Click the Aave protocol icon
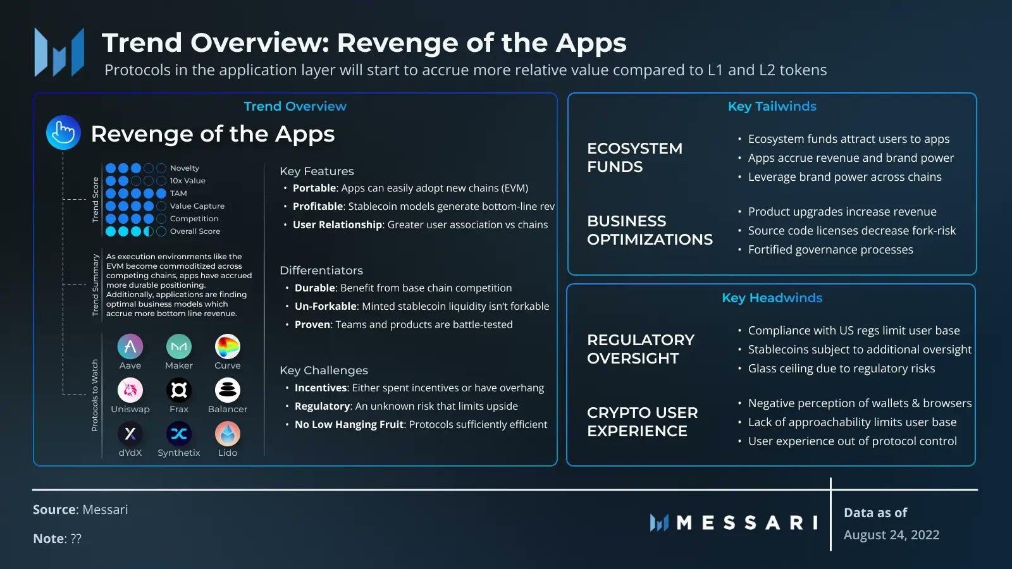pyautogui.click(x=130, y=346)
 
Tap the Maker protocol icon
pyautogui.click(x=179, y=346)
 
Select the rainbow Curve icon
pyautogui.click(x=227, y=346)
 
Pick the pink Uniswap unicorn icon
pyautogui.click(x=130, y=389)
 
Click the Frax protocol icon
pyautogui.click(x=179, y=389)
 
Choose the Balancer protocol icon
pyautogui.click(x=227, y=389)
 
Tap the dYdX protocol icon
pyautogui.click(x=130, y=434)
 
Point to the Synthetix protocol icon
pyautogui.click(x=179, y=434)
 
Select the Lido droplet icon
pyautogui.click(x=227, y=434)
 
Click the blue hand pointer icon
pyautogui.click(x=63, y=132)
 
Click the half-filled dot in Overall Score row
pyautogui.click(x=148, y=231)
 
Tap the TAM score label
pyautogui.click(x=178, y=193)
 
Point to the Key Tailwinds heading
pyautogui.click(x=772, y=106)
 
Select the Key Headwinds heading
pyautogui.click(x=772, y=298)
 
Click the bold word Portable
pyautogui.click(x=314, y=188)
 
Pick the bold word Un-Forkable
pyautogui.click(x=326, y=306)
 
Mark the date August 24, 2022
pyautogui.click(x=891, y=535)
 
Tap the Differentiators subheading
pyautogui.click(x=321, y=270)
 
